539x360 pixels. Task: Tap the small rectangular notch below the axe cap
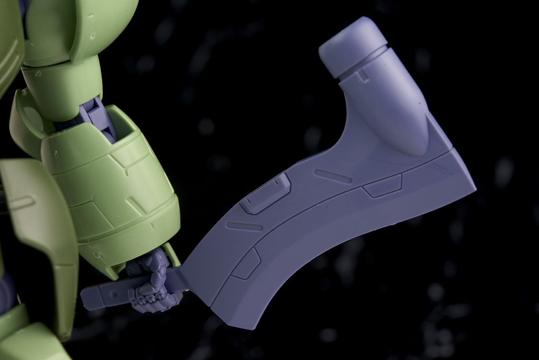(x=363, y=76)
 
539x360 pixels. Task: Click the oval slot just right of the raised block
(x=333, y=176)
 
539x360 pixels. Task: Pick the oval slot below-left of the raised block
(x=244, y=226)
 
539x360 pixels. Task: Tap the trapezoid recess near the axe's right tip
(x=383, y=186)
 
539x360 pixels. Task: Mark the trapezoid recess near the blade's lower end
(x=246, y=263)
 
